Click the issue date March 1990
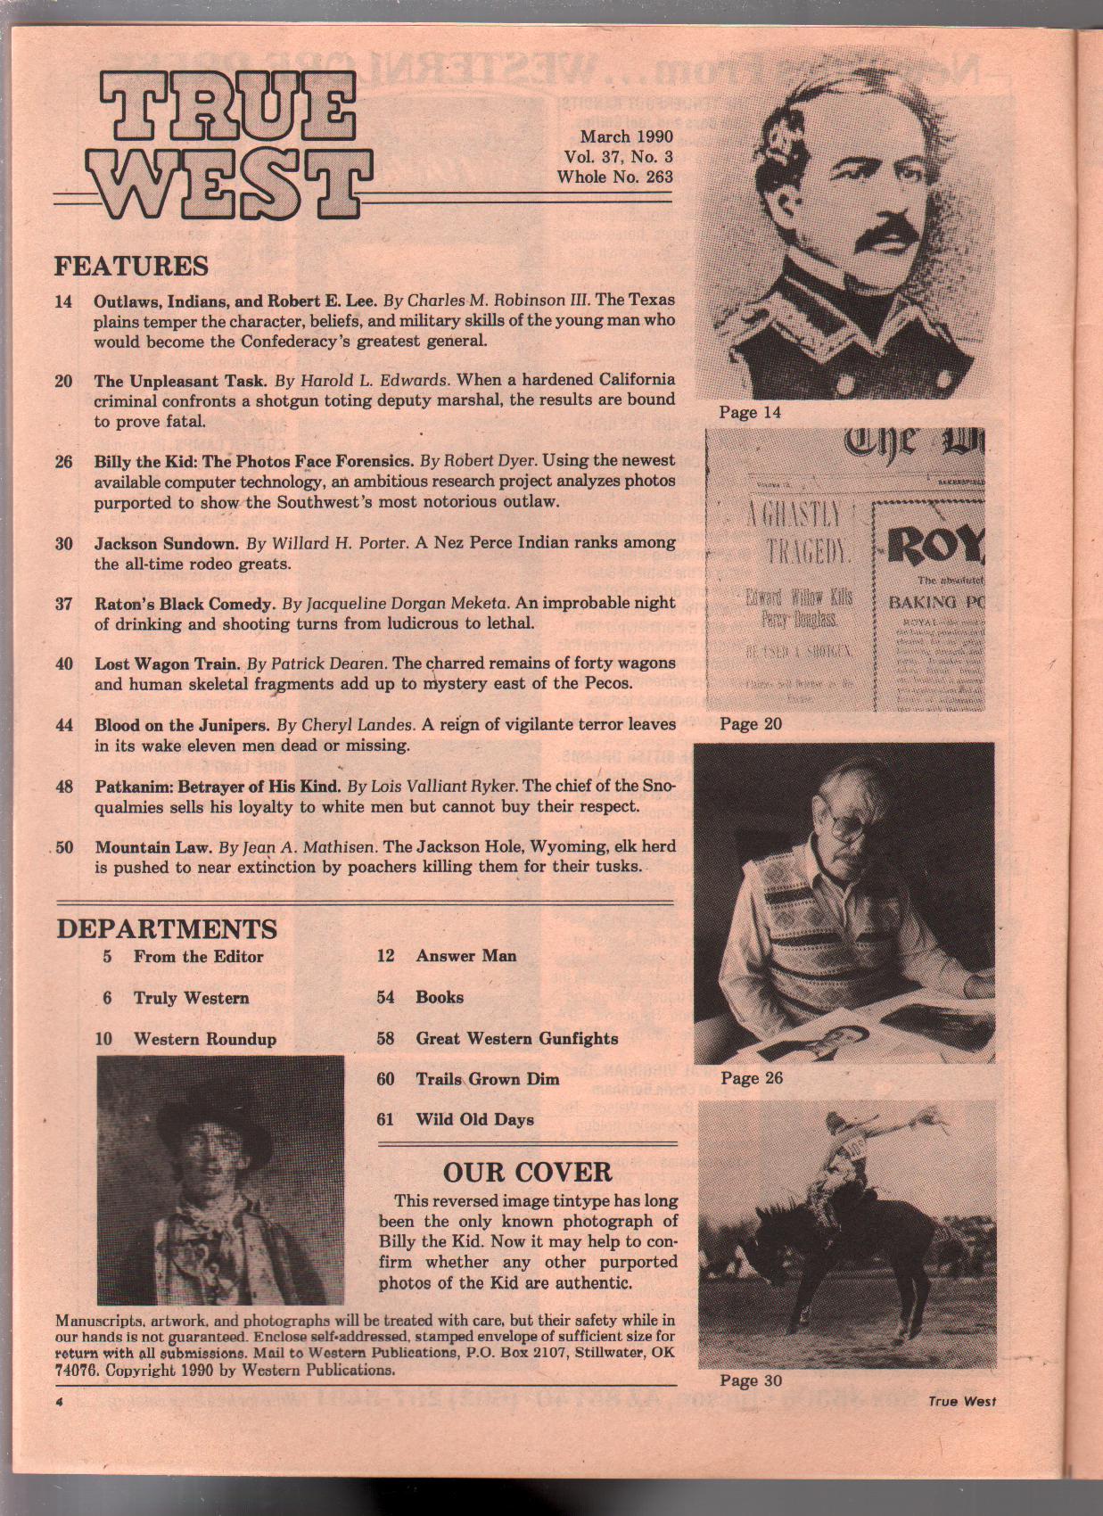point(626,136)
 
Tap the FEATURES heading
point(131,266)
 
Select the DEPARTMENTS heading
point(167,928)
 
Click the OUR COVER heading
point(527,1172)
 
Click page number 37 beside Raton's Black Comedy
point(63,604)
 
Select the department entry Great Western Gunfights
point(516,1038)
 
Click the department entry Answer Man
point(465,956)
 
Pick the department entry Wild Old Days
point(474,1119)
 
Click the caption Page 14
point(749,412)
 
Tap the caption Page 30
point(751,1380)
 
